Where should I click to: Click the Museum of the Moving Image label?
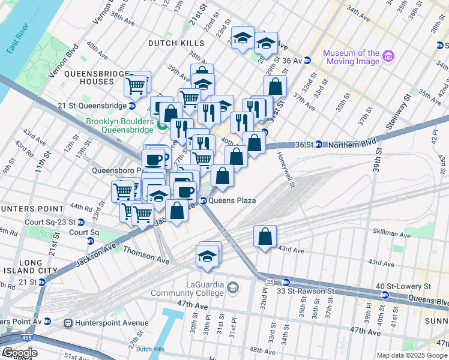351,57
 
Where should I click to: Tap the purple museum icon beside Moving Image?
388,56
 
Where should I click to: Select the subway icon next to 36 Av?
307,61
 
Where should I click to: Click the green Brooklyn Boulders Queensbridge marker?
161,124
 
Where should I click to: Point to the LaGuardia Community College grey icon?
232,289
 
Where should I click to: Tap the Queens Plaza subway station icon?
203,201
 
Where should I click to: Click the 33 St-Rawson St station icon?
286,282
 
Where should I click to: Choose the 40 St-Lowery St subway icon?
385,295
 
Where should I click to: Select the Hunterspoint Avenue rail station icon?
69,323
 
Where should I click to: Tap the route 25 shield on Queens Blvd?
270,281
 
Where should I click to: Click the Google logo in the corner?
20,353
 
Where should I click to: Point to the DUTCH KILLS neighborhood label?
176,43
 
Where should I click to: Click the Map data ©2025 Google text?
412,355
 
